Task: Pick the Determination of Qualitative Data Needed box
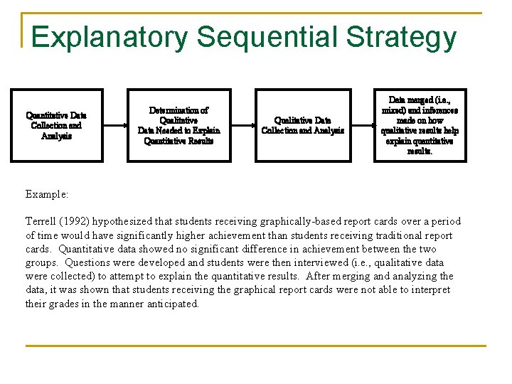tap(178, 125)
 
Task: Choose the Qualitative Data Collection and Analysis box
tap(303, 125)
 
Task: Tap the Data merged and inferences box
tap(420, 125)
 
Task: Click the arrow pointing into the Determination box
tap(115, 125)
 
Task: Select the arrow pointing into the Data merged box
tap(362, 125)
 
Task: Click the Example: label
tap(47, 193)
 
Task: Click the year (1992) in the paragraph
tap(82, 222)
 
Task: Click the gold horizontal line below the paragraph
tap(256, 346)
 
